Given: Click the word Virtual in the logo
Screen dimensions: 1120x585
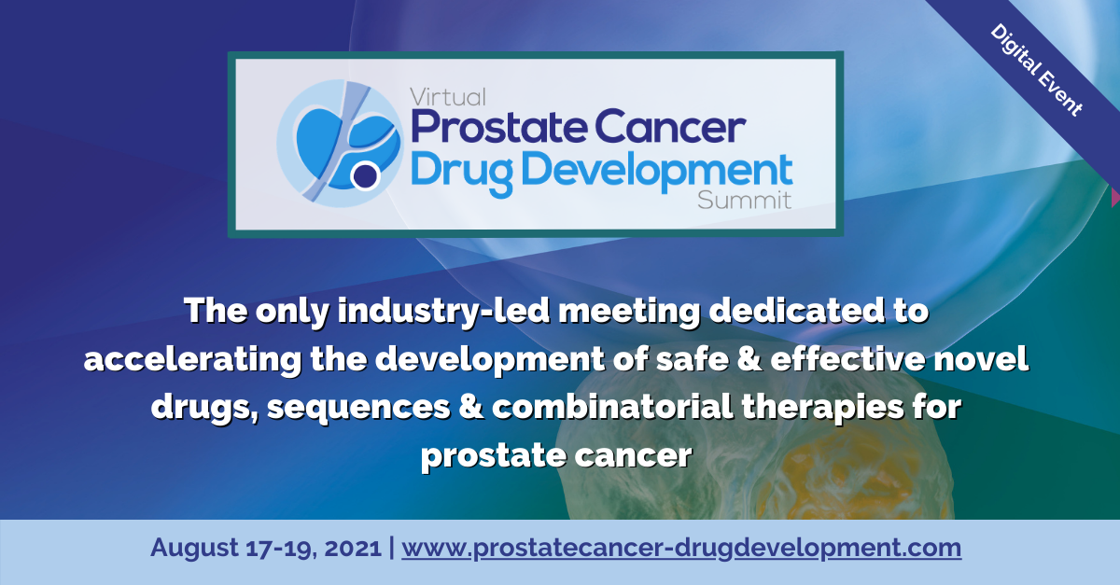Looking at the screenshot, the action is coord(447,97).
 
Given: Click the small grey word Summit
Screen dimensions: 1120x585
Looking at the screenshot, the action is coord(745,200).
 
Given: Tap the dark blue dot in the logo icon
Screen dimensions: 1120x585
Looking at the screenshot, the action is coord(366,175).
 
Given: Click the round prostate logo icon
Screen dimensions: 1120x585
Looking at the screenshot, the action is coord(340,144).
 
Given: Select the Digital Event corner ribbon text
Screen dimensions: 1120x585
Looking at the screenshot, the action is coord(1036,70).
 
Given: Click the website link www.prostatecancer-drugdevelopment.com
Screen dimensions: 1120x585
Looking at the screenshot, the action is coord(681,548).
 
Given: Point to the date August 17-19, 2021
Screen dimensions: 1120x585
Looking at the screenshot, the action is coord(266,548).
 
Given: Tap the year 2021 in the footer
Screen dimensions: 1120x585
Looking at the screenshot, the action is coord(353,548).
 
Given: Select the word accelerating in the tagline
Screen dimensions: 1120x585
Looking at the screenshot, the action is coord(192,359).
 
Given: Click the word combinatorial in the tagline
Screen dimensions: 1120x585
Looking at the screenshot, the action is coord(612,407).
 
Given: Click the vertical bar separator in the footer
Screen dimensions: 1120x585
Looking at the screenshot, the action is coord(391,548).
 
